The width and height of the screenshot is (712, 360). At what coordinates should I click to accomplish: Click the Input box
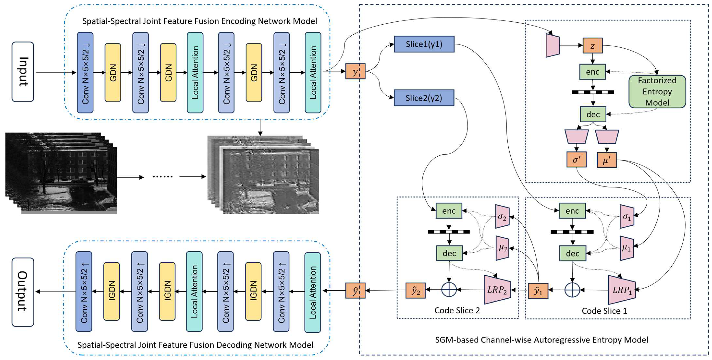(x=23, y=72)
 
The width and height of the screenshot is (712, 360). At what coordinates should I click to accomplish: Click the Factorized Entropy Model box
(x=657, y=91)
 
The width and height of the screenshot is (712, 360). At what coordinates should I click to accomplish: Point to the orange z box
(x=592, y=46)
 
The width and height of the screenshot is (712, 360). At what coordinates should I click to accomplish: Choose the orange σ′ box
(x=576, y=160)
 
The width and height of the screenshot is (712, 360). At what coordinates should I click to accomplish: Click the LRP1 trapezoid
(x=622, y=290)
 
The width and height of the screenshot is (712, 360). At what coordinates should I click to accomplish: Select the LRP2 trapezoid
(x=497, y=290)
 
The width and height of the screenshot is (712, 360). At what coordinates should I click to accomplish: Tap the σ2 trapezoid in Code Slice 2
(x=502, y=217)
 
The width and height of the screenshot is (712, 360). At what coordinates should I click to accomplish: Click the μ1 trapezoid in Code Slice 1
(x=627, y=248)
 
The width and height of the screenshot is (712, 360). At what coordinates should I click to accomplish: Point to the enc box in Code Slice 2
(x=449, y=211)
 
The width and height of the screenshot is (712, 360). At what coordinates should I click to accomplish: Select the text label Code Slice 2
(x=457, y=310)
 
